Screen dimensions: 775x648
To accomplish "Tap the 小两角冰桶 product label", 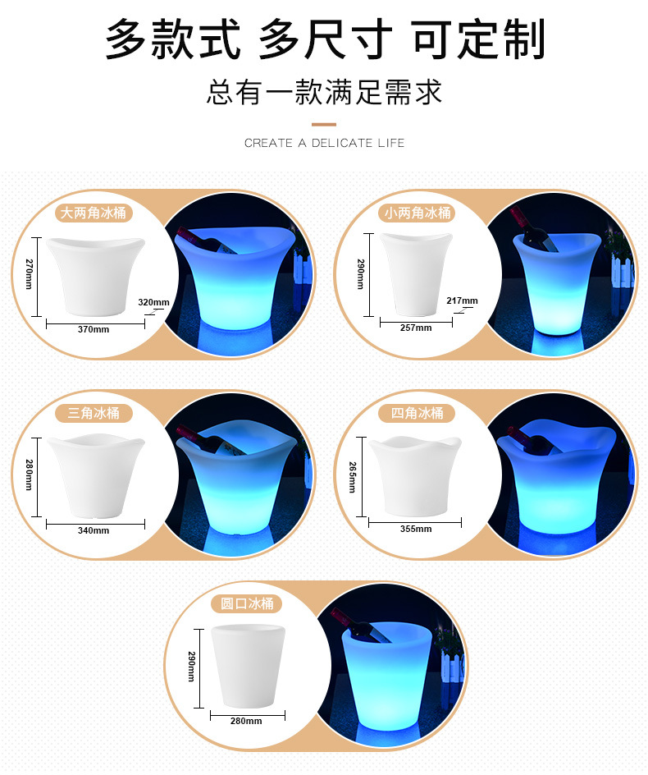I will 418,213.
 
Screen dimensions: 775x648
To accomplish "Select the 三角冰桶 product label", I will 93,413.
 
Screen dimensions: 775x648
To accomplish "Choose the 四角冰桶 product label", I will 417,413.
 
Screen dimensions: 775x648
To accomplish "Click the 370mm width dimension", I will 94,329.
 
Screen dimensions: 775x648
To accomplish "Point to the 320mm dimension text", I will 153,302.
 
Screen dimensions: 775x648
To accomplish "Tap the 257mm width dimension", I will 416,328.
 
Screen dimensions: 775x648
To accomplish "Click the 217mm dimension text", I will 463,300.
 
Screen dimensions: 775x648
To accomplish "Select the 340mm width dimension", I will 94,530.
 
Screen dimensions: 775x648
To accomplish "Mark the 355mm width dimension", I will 416,529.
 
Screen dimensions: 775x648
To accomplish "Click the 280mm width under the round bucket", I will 247,721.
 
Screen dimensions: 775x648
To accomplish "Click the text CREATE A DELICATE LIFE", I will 324,143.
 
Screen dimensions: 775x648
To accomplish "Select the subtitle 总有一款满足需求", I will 324,91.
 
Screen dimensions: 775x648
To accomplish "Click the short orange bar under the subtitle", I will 324,123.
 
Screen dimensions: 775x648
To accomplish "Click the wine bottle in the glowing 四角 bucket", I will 532,440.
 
